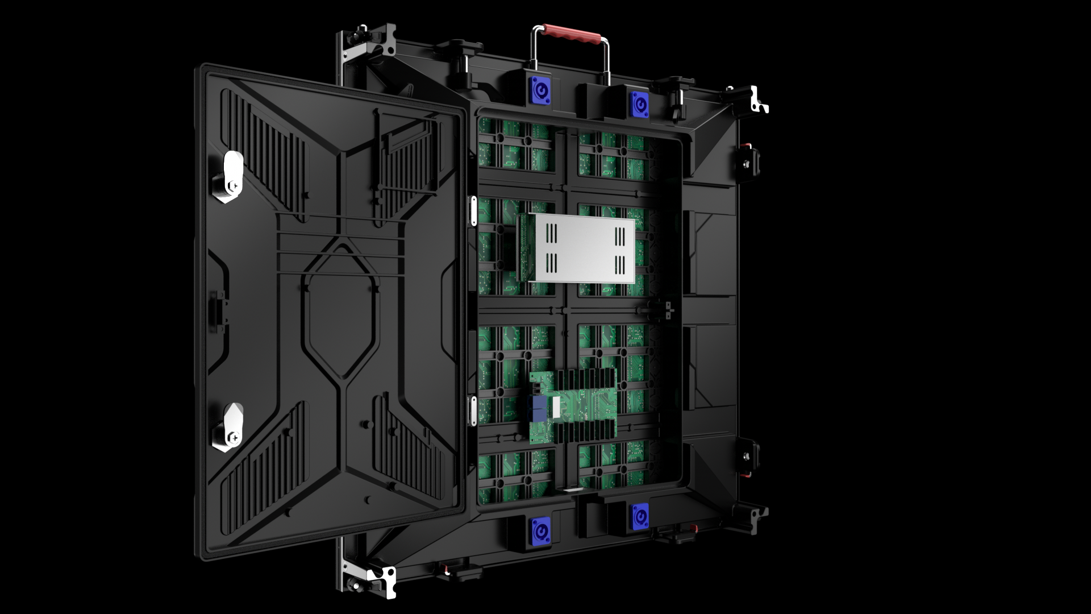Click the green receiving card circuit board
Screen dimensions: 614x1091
pos(574,405)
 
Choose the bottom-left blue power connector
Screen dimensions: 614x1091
pos(538,531)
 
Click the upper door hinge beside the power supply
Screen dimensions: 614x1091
pos(471,211)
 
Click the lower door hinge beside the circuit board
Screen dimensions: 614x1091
pos(471,410)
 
